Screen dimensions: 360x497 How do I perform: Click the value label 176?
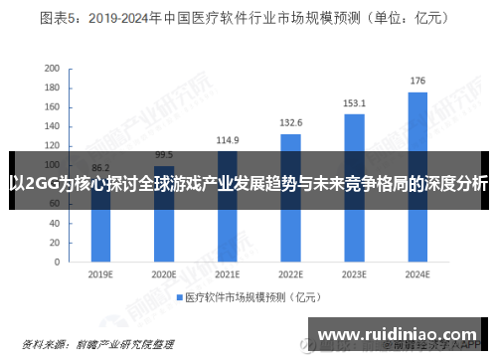click(x=417, y=81)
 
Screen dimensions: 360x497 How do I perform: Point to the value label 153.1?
click(x=354, y=102)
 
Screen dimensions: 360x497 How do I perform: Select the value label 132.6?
click(x=290, y=122)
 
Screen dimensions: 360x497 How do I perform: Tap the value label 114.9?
click(x=228, y=139)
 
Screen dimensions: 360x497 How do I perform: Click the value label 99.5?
click(x=164, y=154)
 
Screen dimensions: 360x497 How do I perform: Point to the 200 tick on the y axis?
click(x=51, y=69)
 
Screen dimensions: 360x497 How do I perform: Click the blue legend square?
click(x=180, y=297)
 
